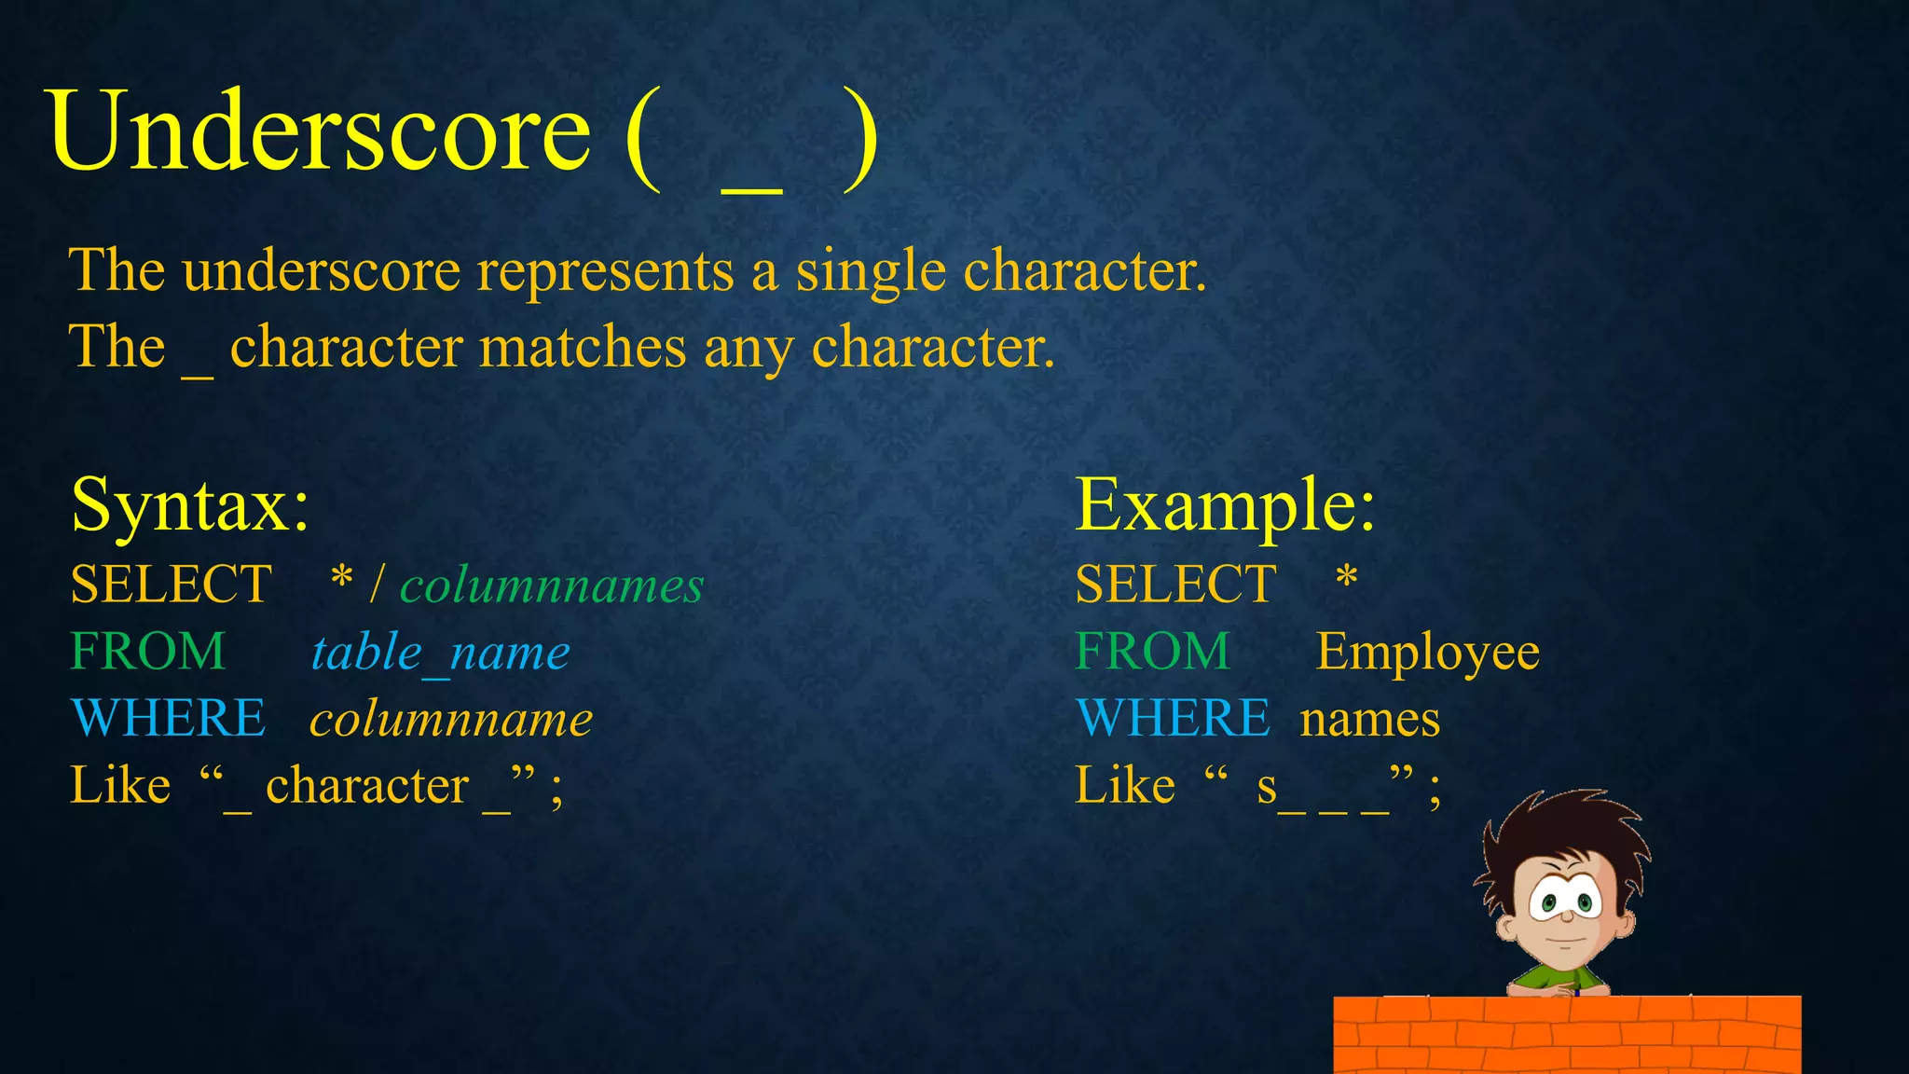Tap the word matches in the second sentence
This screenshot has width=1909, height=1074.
584,348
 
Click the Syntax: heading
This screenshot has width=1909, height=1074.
190,505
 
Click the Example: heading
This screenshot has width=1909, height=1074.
1225,505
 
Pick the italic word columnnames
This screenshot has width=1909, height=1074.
552,586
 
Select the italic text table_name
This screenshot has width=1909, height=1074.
440,653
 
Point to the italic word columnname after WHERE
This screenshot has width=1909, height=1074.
451,720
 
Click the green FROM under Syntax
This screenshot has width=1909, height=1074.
148,652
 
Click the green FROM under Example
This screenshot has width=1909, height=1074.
1153,652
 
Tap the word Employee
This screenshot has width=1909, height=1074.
1427,653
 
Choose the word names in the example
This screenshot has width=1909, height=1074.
1369,720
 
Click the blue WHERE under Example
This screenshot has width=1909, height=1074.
1172,719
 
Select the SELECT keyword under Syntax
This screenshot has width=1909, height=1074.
172,585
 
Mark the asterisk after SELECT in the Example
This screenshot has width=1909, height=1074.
1346,579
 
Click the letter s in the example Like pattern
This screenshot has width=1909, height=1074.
1267,788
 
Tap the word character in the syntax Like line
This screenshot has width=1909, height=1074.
367,786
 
